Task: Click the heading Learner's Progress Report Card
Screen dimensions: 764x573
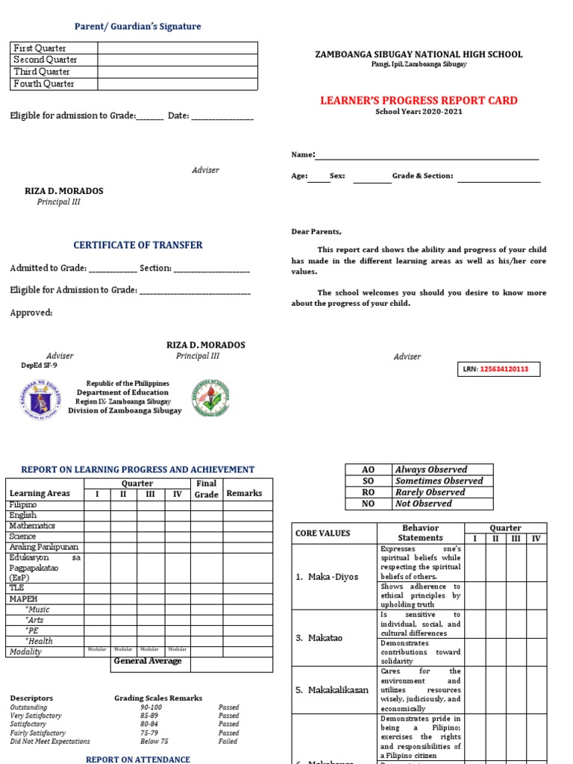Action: click(x=419, y=101)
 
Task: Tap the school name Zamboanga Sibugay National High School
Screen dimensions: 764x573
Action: click(x=419, y=54)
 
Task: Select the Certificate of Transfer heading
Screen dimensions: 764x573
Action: click(x=138, y=245)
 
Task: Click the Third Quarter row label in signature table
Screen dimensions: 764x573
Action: click(x=42, y=72)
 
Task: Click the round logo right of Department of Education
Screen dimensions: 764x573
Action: click(x=211, y=399)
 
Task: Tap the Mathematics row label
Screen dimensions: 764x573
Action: click(x=32, y=526)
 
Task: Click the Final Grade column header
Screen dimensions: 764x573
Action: click(x=206, y=489)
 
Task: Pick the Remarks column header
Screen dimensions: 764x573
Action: click(x=244, y=493)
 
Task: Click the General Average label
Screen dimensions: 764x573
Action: click(x=148, y=661)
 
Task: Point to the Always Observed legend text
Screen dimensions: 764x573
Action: click(x=431, y=469)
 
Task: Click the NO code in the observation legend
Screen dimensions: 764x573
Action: click(x=368, y=504)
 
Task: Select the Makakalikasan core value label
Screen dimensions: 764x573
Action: click(x=332, y=690)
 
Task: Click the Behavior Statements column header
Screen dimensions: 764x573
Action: click(x=420, y=533)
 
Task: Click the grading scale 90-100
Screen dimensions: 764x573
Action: click(x=150, y=707)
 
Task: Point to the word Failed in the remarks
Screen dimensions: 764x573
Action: click(x=228, y=742)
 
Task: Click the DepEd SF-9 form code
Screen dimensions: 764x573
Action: click(x=39, y=366)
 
